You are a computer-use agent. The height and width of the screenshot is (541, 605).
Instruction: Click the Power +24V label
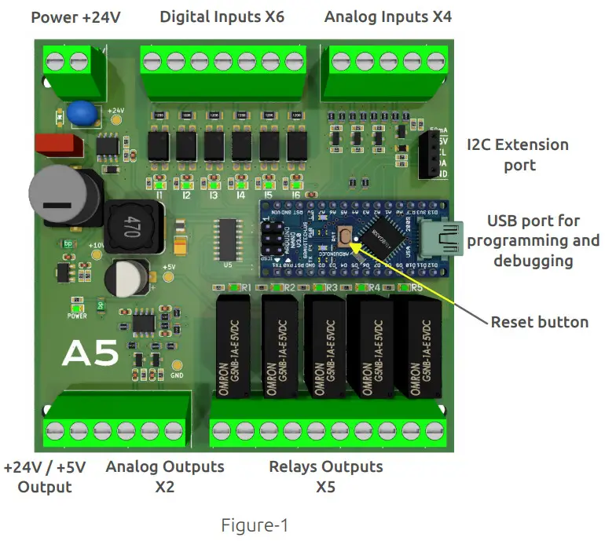[75, 16]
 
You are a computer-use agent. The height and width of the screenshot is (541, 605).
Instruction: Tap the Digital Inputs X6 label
[222, 16]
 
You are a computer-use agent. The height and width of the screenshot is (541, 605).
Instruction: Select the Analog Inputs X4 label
[388, 16]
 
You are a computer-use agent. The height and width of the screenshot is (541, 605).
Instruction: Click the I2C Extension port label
[517, 155]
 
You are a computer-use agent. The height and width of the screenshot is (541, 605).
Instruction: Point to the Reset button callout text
[539, 322]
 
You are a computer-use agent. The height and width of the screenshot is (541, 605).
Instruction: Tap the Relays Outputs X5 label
[326, 477]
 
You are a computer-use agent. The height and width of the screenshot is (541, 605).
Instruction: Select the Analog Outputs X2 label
[165, 477]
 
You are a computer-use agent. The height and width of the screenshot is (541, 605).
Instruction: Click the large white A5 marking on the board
[90, 354]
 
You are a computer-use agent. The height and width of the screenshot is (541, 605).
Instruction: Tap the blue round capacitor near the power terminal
[82, 113]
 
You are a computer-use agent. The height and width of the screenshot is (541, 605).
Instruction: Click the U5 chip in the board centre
[229, 237]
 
